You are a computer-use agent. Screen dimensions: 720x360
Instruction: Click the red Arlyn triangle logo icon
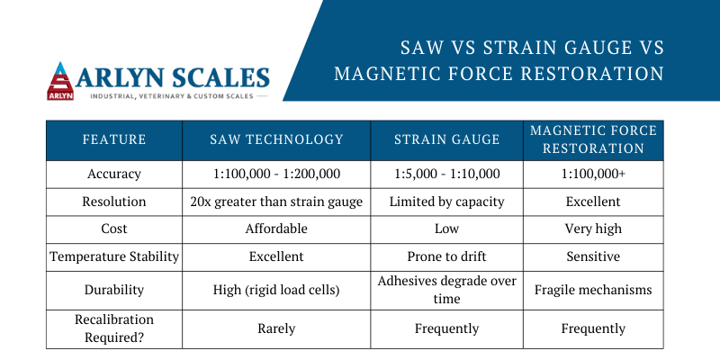[60, 81]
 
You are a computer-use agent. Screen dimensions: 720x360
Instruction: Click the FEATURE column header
[114, 139]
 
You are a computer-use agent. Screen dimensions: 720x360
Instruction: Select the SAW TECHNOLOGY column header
[276, 139]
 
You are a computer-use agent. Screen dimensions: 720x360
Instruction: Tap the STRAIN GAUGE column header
[446, 139]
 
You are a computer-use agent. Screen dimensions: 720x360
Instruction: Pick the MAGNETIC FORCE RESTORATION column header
[593, 139]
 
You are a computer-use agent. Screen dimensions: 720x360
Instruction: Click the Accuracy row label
[114, 175]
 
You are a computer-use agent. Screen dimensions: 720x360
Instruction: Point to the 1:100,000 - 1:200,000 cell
[276, 175]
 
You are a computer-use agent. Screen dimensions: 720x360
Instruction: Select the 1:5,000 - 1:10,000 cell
[446, 175]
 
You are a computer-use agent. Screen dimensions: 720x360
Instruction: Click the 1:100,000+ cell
[593, 175]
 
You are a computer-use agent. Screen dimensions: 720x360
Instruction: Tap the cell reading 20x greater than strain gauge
[276, 202]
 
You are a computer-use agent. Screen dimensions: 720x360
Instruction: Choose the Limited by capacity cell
[446, 202]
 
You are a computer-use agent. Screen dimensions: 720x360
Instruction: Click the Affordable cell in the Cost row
[276, 229]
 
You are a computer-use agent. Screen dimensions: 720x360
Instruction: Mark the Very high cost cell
[593, 229]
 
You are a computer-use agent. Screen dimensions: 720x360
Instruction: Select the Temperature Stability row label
[114, 256]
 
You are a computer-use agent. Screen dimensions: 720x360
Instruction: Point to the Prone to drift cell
[446, 256]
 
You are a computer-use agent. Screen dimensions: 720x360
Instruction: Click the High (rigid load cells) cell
[276, 290]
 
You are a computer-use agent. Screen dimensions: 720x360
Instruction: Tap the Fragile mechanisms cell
[593, 290]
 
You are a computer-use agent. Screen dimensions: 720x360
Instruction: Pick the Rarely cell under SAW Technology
[276, 328]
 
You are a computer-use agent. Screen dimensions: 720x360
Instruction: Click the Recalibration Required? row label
[114, 328]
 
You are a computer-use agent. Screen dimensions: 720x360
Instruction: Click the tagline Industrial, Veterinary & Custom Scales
[172, 96]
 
